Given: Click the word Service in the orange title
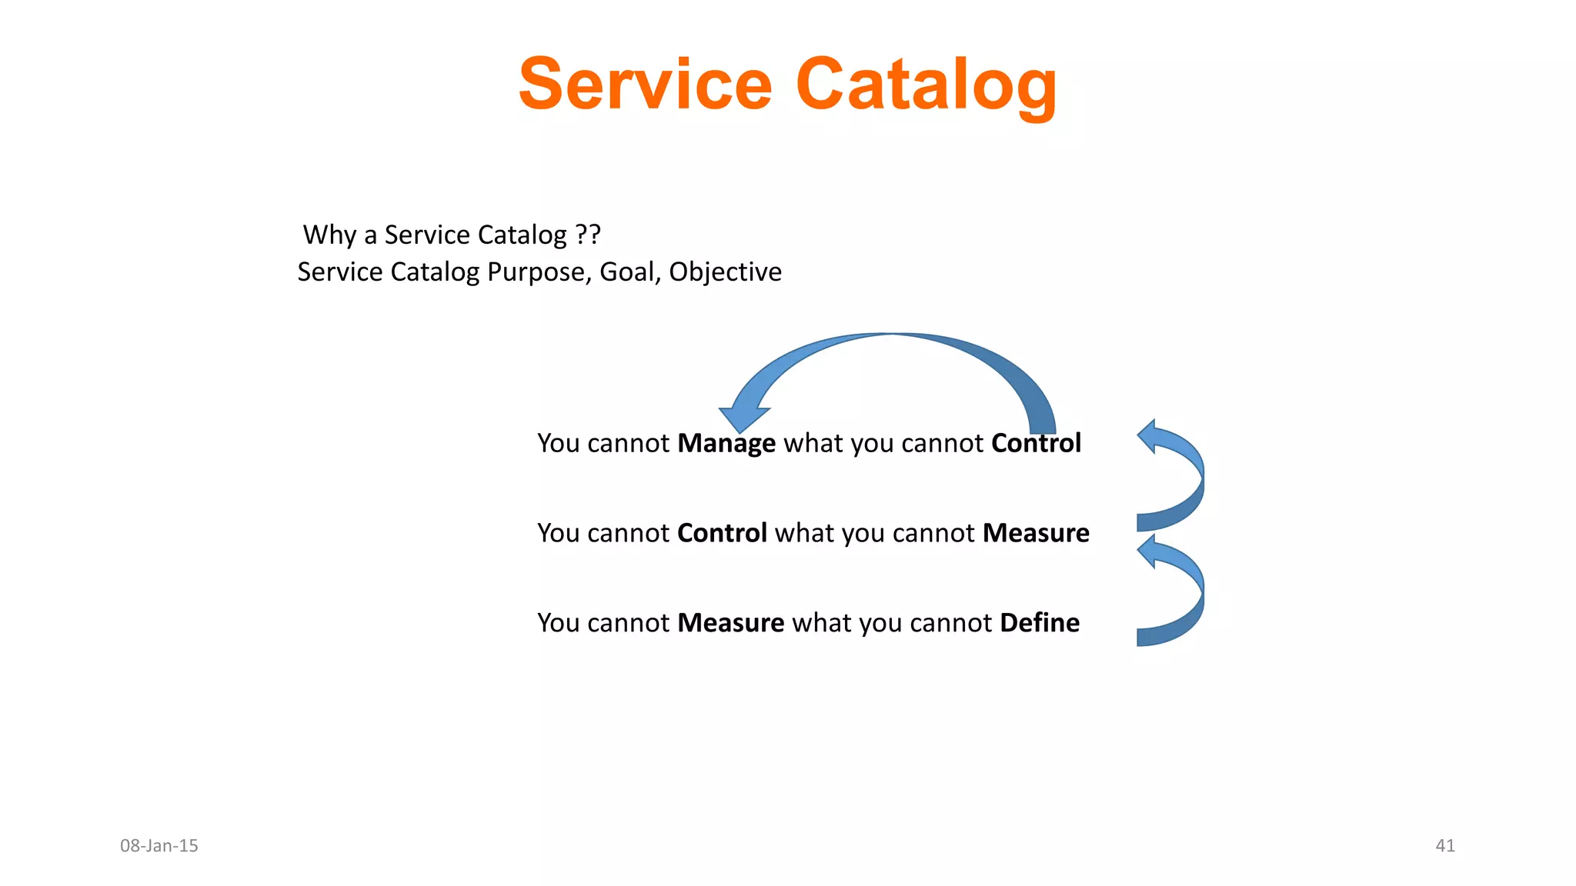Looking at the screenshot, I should [x=645, y=84].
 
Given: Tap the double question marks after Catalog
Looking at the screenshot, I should [x=588, y=234].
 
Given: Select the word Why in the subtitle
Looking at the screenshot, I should [x=329, y=235].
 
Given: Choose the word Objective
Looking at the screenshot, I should [x=725, y=272].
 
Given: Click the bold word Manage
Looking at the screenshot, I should [x=726, y=444].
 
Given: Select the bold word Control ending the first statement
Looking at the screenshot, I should [x=1036, y=443].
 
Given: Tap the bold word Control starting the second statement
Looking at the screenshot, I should [x=722, y=533].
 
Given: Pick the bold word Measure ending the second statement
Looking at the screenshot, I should [x=1036, y=533].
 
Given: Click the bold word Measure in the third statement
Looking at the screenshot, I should [x=730, y=623].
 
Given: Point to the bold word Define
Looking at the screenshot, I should [x=1040, y=623].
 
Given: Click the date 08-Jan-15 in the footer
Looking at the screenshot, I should [x=159, y=846].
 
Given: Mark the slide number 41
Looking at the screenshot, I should [x=1445, y=846].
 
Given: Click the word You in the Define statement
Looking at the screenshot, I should [x=558, y=623].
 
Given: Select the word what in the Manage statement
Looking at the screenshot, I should [x=813, y=444].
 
